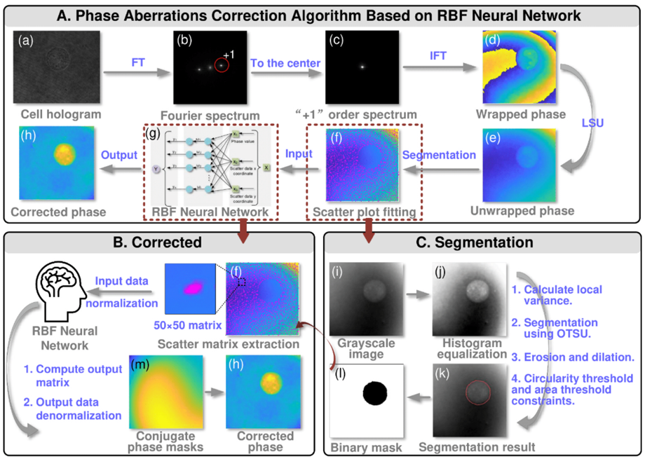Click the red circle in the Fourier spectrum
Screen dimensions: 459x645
222,65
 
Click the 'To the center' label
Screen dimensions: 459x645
286,62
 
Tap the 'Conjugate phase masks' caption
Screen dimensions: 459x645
163,441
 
